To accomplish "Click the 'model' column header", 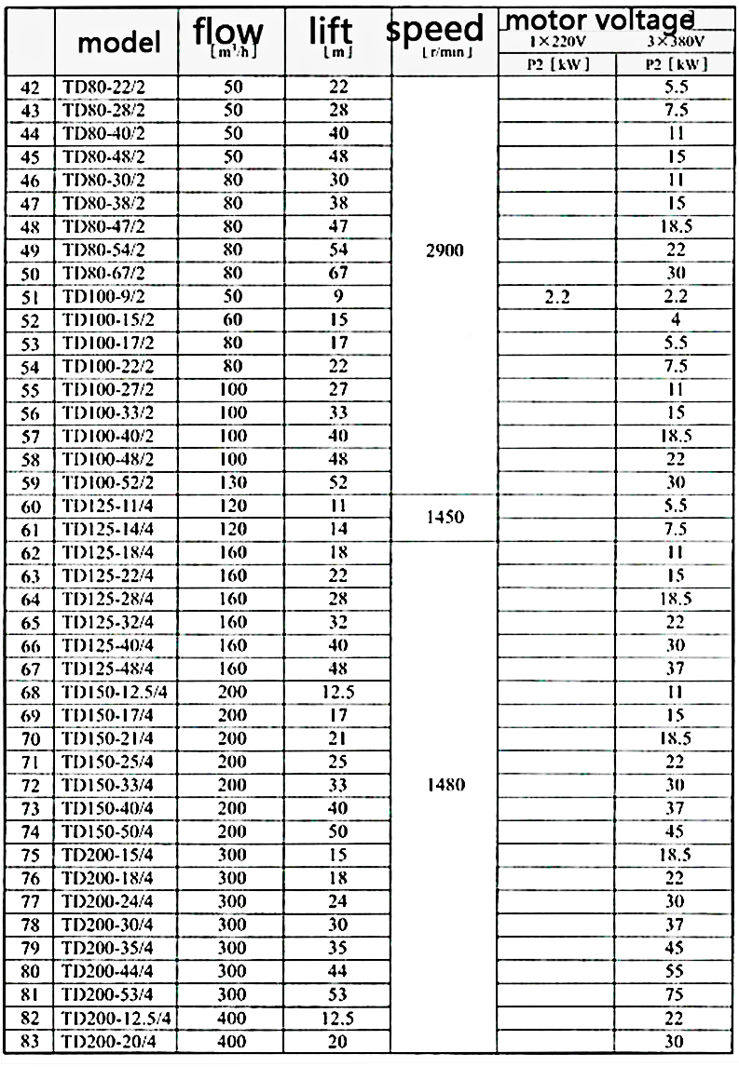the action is pos(118,42).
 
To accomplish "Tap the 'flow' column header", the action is pos(227,34).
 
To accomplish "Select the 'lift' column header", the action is pos(330,34).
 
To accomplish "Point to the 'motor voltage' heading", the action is pos(601,18).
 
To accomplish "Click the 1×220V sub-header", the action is pos(556,43).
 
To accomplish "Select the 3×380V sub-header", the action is pos(677,43).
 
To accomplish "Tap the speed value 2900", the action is pos(444,250).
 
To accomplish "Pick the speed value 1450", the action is pos(444,517).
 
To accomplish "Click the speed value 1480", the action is pos(444,785).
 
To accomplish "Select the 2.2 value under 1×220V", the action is pos(556,297).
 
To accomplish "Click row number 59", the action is pos(30,483).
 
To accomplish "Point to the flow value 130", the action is pos(233,482).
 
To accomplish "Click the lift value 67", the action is pos(337,273).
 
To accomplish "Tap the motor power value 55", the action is pos(677,971).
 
